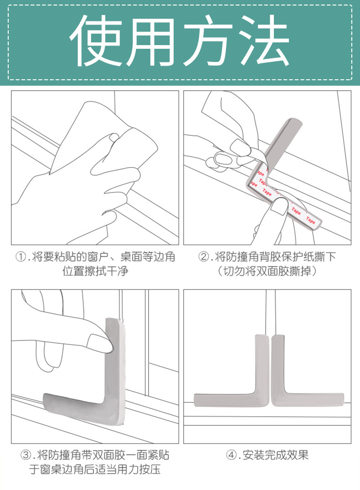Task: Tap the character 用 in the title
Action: pyautogui.click(x=149, y=41)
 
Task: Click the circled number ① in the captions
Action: pyautogui.click(x=21, y=257)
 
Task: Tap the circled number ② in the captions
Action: pyautogui.click(x=203, y=257)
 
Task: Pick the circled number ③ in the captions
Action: pyautogui.click(x=26, y=455)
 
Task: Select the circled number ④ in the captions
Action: pyautogui.click(x=231, y=455)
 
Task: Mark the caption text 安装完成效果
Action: pyautogui.click(x=275, y=455)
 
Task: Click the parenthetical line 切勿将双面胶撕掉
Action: pyautogui.click(x=267, y=271)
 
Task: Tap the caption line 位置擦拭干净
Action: pyautogui.click(x=95, y=271)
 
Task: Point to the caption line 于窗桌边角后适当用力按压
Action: pyautogui.click(x=95, y=469)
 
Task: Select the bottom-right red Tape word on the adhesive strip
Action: pyautogui.click(x=311, y=220)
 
